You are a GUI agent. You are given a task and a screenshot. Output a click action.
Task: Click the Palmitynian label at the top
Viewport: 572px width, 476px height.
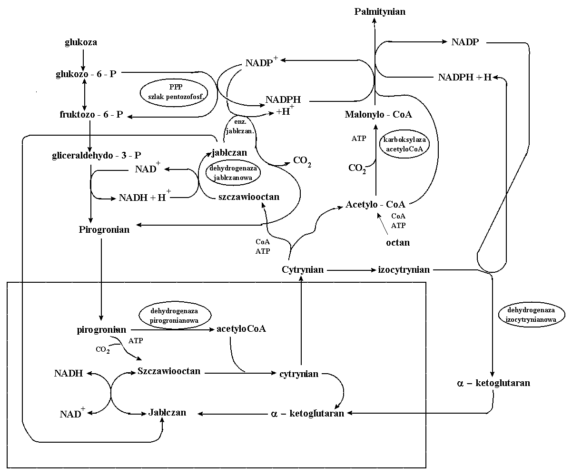coord(380,11)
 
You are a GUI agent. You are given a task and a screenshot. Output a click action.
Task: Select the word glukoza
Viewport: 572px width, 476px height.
coord(81,42)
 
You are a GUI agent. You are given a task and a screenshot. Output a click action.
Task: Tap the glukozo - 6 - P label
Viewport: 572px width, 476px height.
coord(86,74)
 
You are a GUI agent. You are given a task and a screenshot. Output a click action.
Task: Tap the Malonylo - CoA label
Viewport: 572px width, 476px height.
coord(379,115)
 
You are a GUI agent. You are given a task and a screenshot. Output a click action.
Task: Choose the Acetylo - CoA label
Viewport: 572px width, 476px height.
coord(375,204)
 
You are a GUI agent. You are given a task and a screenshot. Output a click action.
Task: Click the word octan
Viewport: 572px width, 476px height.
coord(398,242)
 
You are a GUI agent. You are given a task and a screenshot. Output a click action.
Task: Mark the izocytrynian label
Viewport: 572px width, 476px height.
coord(404,270)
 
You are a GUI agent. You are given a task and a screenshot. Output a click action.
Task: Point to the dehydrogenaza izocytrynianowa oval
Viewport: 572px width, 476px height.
coord(531,315)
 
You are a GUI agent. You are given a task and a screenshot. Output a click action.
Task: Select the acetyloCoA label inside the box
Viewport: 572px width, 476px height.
coord(241,329)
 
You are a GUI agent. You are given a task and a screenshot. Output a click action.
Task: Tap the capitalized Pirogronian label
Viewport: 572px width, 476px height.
coord(104,230)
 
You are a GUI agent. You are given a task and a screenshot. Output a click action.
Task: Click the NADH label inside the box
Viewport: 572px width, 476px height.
coord(69,374)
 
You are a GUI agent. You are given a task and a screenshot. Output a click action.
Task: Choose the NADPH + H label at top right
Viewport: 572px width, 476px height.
coord(464,78)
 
